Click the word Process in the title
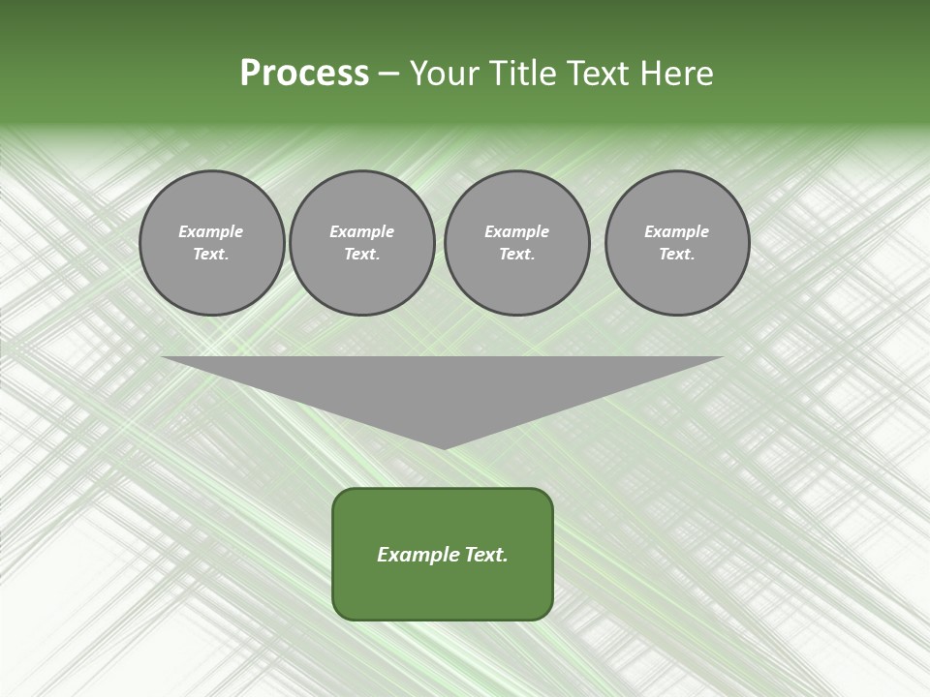coord(304,74)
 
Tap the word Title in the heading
coord(524,74)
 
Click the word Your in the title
coord(447,74)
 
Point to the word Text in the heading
coord(600,74)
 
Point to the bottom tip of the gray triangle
coord(444,447)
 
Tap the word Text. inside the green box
coord(486,555)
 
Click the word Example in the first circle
coord(211,231)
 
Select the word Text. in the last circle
coord(677,254)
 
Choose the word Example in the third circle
coord(516,231)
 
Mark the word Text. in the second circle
coord(361,254)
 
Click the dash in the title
coord(389,74)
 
